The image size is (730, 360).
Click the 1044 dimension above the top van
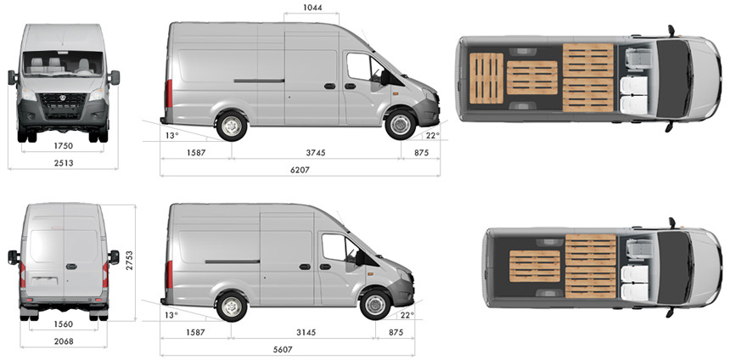point(312,8)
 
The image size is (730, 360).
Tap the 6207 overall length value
point(300,170)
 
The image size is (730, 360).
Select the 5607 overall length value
point(283,350)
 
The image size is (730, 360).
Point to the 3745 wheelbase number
point(316,152)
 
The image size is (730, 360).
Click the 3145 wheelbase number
point(306,333)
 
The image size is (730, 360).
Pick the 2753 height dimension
point(129,262)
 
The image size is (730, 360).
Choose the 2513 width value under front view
point(64,163)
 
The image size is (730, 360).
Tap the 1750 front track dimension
point(64,146)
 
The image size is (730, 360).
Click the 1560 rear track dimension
point(64,324)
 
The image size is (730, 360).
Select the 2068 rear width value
point(64,341)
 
